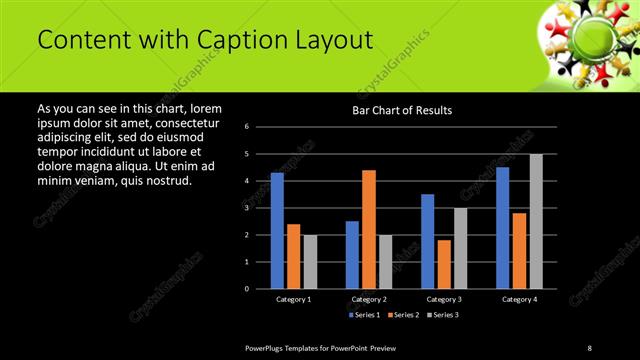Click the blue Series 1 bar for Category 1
click(277, 231)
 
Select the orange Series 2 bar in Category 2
click(369, 229)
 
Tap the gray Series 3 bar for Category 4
click(536, 221)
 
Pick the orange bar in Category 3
click(444, 264)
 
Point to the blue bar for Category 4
click(503, 228)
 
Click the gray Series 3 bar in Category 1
click(310, 262)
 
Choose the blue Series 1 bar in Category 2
click(352, 255)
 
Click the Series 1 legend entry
click(365, 315)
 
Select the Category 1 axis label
click(294, 299)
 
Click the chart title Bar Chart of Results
click(402, 110)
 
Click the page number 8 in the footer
click(590, 347)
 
